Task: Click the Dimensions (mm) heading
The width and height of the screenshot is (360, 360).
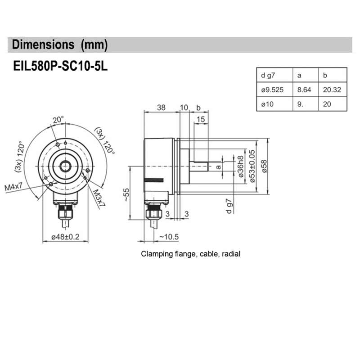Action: click(x=60, y=45)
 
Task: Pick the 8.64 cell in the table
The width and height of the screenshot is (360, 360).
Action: click(x=304, y=90)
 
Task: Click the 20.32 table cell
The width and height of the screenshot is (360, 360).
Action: click(x=332, y=90)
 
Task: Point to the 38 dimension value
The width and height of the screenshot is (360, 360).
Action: click(x=161, y=108)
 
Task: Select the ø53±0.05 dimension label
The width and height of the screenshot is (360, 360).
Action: click(x=252, y=166)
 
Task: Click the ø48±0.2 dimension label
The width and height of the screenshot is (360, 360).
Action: click(x=65, y=237)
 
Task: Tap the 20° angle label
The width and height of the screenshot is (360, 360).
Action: click(x=58, y=120)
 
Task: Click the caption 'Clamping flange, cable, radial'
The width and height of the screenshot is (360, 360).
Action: click(x=191, y=254)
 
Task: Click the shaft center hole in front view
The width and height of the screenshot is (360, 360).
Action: click(x=66, y=166)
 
